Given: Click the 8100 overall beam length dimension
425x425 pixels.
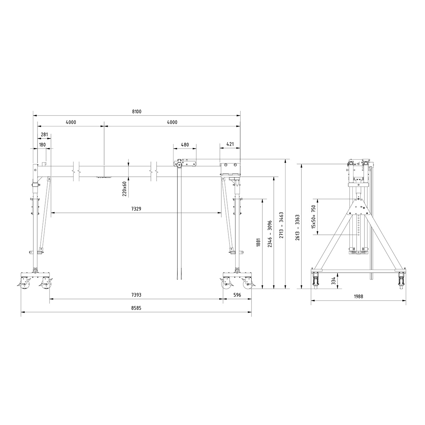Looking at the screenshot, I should pos(137,112).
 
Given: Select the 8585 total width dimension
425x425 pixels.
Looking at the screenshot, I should pos(136,308).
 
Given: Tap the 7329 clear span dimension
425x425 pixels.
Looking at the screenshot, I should pos(136,209).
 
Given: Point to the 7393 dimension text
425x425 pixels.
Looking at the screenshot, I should pos(136,295).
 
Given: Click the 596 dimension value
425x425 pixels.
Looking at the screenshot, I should pos(237,295).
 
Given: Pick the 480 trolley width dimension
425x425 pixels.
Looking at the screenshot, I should pos(185,145).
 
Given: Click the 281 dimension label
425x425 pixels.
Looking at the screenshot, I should pos(44,134).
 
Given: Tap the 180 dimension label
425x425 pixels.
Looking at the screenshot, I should pos(42,145).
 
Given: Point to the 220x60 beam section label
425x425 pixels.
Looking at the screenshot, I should pos(124,189).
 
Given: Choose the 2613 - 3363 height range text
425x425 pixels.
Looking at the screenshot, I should pos(297,227).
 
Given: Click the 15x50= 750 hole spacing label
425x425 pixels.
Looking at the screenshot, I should pos(313,217).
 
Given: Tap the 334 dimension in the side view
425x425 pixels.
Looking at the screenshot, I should pos(333,281).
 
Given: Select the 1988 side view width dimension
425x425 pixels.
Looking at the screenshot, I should pos(358,297).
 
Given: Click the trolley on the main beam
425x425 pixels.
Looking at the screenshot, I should pos(185,164).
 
